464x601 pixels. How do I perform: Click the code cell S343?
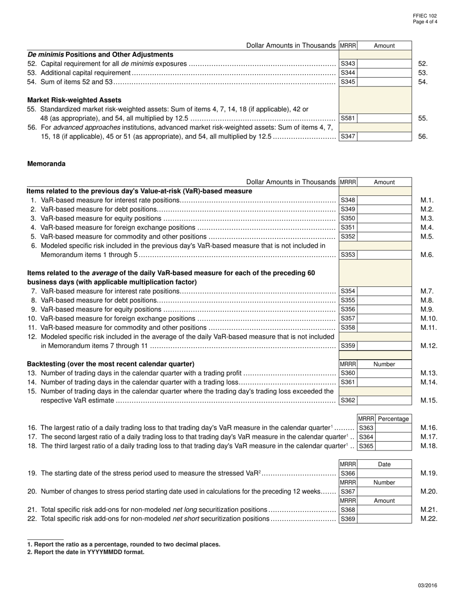[x=348, y=64]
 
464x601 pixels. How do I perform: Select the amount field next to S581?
[x=384, y=118]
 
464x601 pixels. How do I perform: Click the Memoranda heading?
[x=46, y=164]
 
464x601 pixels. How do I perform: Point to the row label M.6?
[x=427, y=255]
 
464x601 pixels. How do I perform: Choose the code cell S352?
[x=348, y=236]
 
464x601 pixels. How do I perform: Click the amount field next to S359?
[x=384, y=345]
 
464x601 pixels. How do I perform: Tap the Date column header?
[x=384, y=464]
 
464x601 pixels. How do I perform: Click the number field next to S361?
[x=384, y=382]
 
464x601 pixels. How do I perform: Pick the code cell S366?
[x=348, y=473]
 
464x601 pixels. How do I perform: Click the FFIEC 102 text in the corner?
[x=425, y=16]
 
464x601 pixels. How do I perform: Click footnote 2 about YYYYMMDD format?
[x=86, y=552]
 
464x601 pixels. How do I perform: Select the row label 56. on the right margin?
[x=423, y=136]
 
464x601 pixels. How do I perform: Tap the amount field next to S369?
[x=384, y=519]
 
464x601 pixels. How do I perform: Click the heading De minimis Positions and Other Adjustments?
[x=100, y=54]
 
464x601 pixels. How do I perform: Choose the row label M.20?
[x=429, y=492]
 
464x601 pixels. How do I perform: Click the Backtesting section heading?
[x=110, y=364]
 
